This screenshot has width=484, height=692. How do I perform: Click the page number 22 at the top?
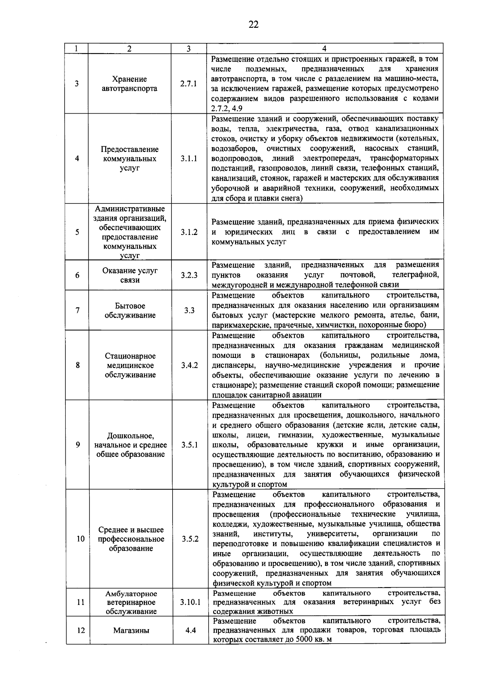tap(253, 25)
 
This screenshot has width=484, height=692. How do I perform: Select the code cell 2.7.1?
tap(189, 84)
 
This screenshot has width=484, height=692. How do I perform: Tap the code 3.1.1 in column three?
tap(189, 158)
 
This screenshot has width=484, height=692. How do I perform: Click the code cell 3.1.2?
tap(189, 232)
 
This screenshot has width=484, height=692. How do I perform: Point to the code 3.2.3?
tap(189, 276)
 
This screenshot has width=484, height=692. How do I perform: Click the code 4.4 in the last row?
tap(190, 630)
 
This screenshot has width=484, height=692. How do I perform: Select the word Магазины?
tap(131, 630)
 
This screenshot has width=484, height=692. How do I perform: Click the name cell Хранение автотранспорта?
tap(129, 84)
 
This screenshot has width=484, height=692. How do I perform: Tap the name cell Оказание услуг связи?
tap(130, 276)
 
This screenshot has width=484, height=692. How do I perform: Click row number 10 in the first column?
tap(81, 539)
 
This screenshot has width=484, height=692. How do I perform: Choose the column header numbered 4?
tap(325, 49)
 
